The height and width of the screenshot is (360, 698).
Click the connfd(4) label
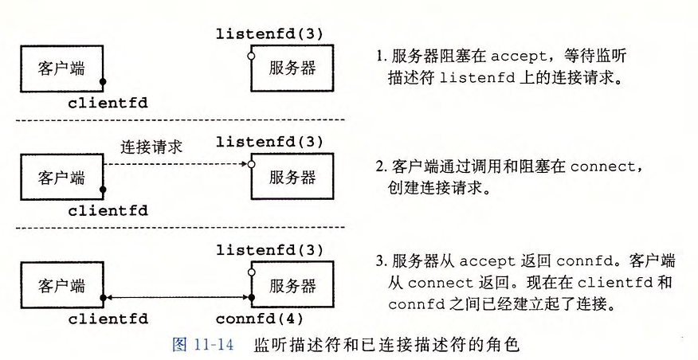(260, 319)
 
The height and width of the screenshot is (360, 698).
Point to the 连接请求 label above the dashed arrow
(151, 147)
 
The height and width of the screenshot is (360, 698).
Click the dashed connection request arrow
(175, 164)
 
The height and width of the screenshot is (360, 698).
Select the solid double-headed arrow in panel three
(177, 297)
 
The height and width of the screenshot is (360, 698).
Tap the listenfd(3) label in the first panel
(269, 33)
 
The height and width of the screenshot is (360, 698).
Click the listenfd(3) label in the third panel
(269, 250)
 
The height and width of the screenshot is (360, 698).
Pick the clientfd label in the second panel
(108, 210)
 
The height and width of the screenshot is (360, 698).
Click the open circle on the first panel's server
(251, 56)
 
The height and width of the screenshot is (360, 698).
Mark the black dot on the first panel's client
(103, 82)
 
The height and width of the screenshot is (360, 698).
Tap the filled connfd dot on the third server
(251, 297)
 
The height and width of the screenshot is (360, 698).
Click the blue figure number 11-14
(214, 345)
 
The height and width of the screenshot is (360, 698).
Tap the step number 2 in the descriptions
(379, 167)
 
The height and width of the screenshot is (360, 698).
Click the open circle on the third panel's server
(251, 272)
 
